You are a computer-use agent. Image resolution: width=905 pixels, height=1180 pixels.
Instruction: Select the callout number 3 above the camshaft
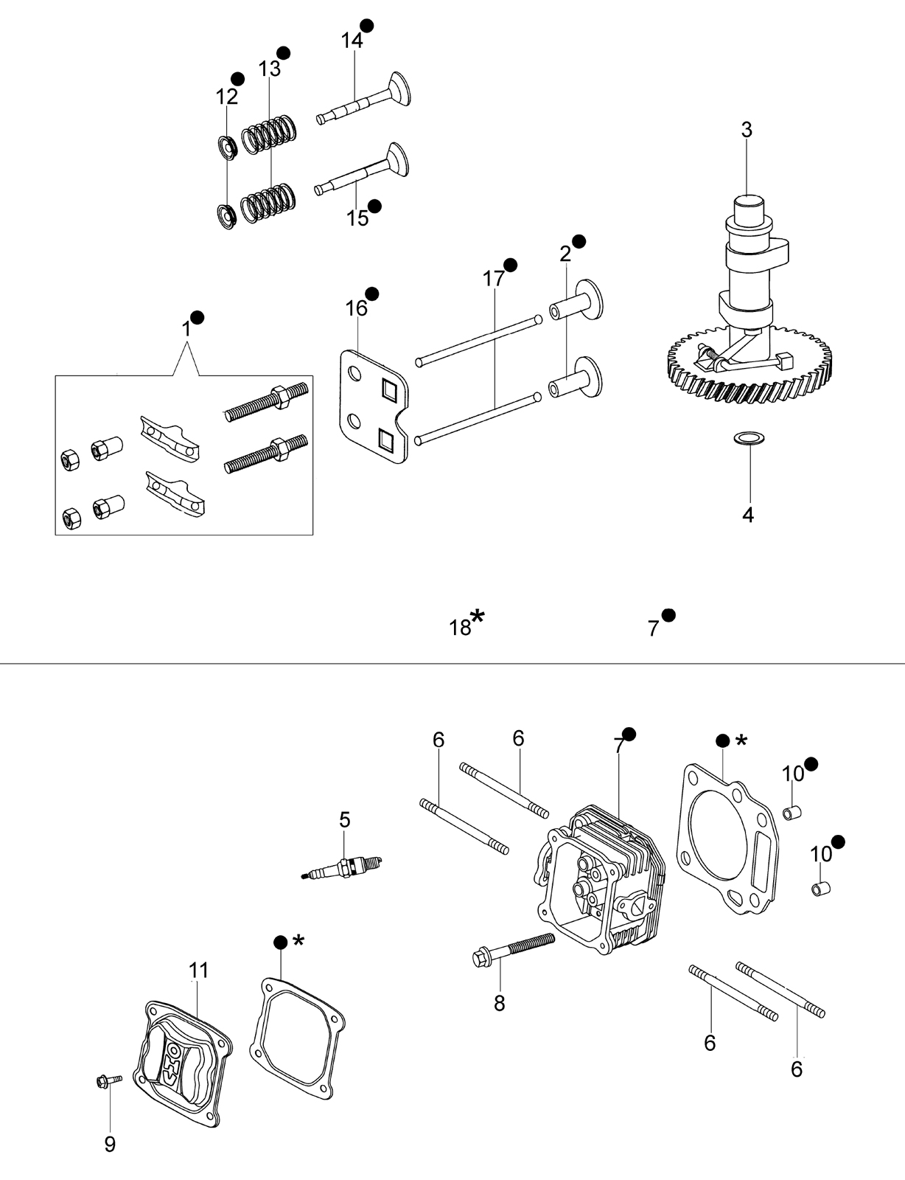[747, 130]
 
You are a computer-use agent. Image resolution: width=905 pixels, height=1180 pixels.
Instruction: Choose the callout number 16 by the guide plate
[357, 308]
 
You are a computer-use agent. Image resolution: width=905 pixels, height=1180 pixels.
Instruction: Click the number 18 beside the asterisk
[460, 628]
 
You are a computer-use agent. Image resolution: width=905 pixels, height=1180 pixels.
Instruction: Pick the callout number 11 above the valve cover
[198, 970]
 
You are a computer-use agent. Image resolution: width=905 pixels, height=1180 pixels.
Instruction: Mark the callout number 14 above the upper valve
[352, 40]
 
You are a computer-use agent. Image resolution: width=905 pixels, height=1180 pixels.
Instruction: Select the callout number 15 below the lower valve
[357, 218]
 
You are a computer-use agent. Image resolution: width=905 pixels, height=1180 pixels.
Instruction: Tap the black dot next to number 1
[198, 317]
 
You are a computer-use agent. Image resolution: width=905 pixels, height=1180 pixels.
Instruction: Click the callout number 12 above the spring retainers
[227, 97]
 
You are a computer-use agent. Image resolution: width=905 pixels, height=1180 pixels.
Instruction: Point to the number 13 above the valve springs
[270, 69]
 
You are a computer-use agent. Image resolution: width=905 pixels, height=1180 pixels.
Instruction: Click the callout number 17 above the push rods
[494, 279]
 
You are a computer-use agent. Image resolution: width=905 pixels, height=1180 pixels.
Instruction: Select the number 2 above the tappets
[565, 254]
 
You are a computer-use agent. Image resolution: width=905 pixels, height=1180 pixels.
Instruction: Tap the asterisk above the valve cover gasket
[298, 940]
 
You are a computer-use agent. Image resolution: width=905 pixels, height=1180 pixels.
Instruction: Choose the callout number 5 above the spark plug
[345, 819]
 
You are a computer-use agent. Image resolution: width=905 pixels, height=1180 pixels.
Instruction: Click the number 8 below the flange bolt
[499, 1004]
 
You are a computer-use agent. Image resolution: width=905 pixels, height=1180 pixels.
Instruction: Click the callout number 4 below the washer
[747, 515]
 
